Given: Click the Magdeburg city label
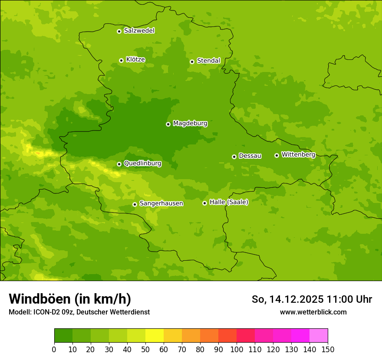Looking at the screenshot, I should click(190, 124).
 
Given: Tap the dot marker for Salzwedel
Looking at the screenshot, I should click(119, 31).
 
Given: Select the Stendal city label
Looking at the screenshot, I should click(208, 61).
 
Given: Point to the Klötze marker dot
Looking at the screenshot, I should click(121, 61).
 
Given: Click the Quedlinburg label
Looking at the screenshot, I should click(142, 164).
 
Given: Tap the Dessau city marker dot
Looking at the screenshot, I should click(234, 157).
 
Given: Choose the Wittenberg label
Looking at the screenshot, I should click(298, 154).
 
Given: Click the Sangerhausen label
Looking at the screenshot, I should click(161, 203).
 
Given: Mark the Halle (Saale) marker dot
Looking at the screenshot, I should click(204, 203).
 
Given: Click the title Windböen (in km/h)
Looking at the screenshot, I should click(70, 299).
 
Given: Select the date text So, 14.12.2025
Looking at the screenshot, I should click(287, 299).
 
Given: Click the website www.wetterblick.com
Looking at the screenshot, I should click(313, 312).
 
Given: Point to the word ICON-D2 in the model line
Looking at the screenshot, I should click(45, 312).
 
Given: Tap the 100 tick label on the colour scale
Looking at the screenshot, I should click(237, 349).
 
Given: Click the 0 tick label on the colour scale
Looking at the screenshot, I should click(54, 349).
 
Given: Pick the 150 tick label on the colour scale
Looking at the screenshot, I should click(328, 349).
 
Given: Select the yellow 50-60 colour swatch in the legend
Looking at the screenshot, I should click(155, 336).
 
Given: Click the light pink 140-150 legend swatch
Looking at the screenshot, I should click(319, 336).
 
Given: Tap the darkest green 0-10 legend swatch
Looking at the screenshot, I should click(63, 336).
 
